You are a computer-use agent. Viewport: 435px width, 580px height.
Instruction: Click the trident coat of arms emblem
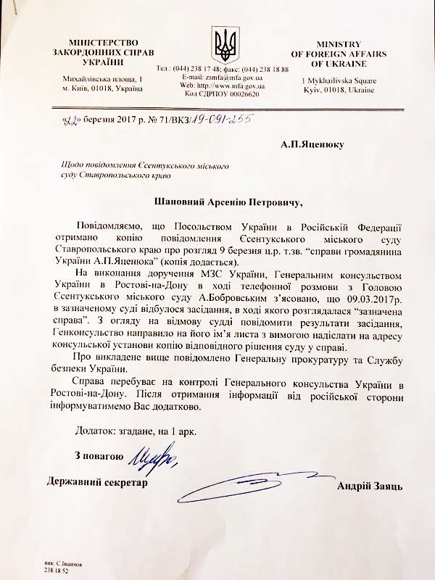[222, 46]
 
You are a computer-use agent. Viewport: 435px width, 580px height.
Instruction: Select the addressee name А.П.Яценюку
[315, 144]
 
